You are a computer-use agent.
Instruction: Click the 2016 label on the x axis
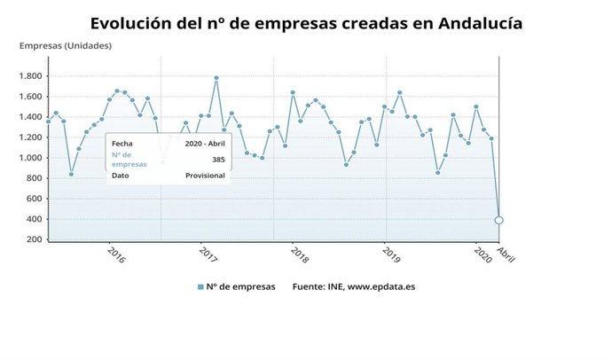pos(116,254)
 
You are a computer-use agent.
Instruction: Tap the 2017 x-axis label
pos(208,254)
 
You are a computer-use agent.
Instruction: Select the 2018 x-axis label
pos(300,254)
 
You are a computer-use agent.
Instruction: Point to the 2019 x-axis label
pos(391,254)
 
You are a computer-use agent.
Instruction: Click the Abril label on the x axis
pos(506,255)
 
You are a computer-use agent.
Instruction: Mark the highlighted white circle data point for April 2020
pos(499,220)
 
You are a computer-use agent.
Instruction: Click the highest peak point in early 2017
pos(216,78)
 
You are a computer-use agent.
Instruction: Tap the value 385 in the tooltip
pos(218,159)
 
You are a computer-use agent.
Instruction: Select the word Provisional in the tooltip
pos(206,176)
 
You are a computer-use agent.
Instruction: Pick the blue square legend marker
pos(200,286)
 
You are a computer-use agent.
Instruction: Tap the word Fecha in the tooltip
pos(122,142)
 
